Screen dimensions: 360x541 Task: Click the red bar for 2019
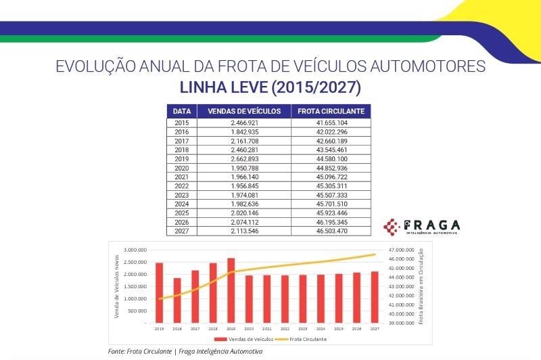pos(231,290)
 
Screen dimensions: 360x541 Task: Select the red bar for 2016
pos(177,300)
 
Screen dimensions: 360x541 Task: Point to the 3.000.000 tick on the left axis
pos(136,250)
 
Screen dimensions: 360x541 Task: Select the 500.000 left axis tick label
pos(138,311)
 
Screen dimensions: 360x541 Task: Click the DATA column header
pos(181,110)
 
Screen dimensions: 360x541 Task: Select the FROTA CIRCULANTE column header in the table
pos(331,110)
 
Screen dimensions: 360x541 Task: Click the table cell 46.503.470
pos(331,231)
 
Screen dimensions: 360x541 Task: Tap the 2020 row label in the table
pos(181,168)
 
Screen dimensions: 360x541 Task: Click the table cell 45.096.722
pos(331,177)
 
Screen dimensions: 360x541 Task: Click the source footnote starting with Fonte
pos(185,352)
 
